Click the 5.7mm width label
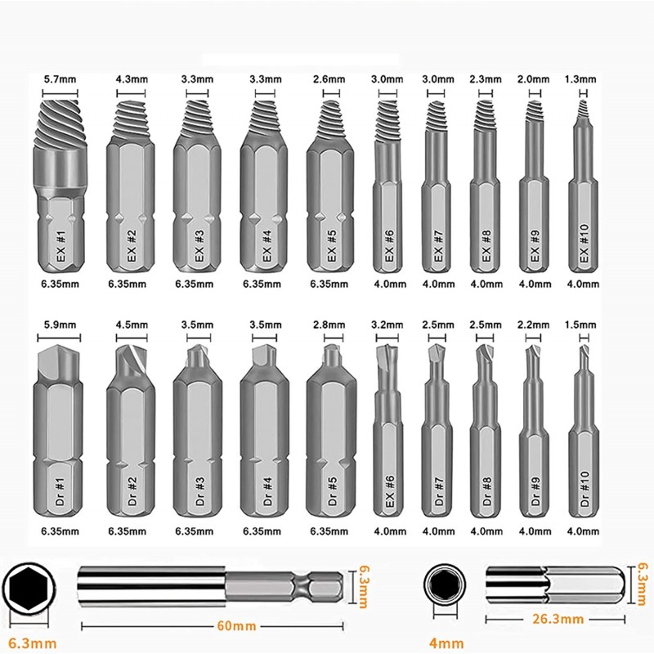click(x=60, y=78)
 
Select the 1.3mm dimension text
click(x=580, y=78)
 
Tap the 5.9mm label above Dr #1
click(x=60, y=325)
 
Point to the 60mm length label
click(x=236, y=625)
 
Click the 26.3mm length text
click(x=558, y=619)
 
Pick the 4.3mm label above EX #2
click(x=132, y=78)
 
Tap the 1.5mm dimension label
click(x=580, y=325)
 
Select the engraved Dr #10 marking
click(x=585, y=489)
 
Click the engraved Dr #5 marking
click(x=332, y=491)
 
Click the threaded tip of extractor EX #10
click(x=582, y=109)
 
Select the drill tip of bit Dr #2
click(x=132, y=361)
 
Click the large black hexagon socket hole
click(x=27, y=584)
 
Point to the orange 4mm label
click(x=446, y=643)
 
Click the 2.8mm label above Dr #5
click(x=329, y=325)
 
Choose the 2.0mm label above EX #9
click(x=534, y=78)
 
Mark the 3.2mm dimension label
click(x=387, y=325)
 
